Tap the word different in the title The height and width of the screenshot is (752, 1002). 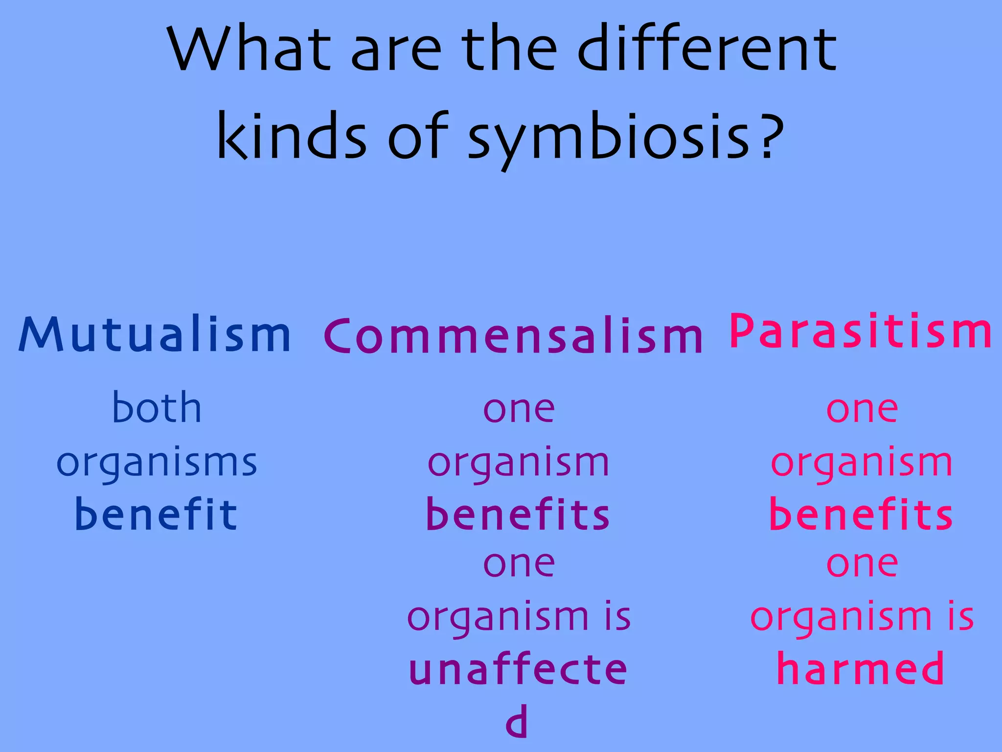(707, 49)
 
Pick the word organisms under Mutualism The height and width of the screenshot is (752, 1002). (157, 463)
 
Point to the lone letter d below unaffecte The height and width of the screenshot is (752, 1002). (517, 722)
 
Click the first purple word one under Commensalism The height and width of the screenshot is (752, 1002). (519, 410)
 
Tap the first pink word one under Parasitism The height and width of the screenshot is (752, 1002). (862, 410)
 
